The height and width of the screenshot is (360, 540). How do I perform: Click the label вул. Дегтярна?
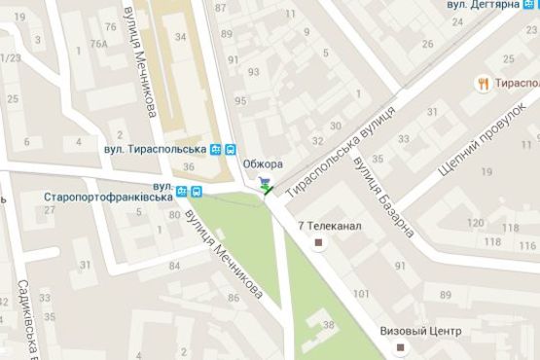pyautogui.click(x=482, y=5)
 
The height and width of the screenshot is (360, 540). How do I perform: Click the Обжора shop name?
pyautogui.click(x=262, y=162)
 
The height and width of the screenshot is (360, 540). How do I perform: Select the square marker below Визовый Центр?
pyautogui.click(x=409, y=346)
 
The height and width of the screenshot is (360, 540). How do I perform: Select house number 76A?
pyautogui.click(x=97, y=44)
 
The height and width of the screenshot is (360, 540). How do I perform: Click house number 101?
pyautogui.click(x=362, y=293)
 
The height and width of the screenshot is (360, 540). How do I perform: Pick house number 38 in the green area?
pyautogui.click(x=328, y=325)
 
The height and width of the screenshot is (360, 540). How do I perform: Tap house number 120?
pyautogui.click(x=476, y=225)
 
